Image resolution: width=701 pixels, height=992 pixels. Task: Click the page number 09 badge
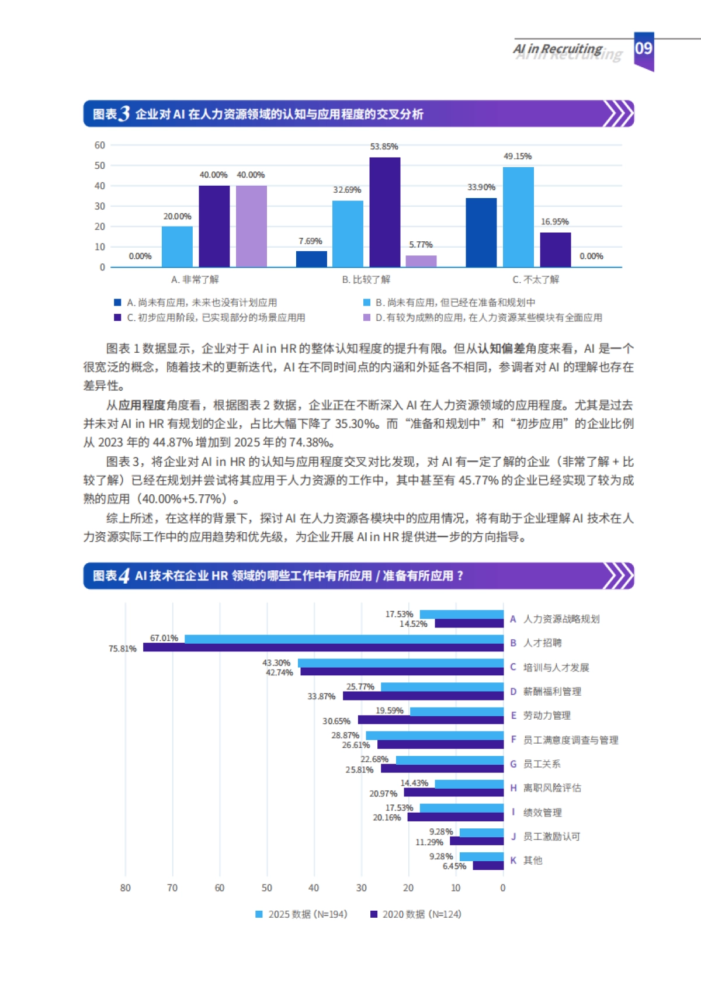tap(644, 49)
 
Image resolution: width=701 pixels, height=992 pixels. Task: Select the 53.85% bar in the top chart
tap(384, 212)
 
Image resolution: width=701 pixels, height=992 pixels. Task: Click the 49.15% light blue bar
tap(518, 217)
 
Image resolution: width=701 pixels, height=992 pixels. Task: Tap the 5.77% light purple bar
tap(421, 261)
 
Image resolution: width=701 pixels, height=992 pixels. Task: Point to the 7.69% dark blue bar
tap(311, 259)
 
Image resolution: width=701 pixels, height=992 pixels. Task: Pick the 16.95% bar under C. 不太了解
tap(555, 249)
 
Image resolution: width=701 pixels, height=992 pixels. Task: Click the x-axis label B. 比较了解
tap(366, 279)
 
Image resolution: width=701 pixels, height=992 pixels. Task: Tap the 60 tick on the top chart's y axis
tap(100, 145)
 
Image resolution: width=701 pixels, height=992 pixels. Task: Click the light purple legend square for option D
tap(367, 317)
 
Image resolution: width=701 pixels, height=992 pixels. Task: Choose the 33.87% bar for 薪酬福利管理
tap(423, 696)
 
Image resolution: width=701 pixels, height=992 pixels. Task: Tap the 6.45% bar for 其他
tap(488, 866)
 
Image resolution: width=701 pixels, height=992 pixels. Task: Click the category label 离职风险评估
tap(552, 788)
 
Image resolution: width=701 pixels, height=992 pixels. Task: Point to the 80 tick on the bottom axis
tap(125, 888)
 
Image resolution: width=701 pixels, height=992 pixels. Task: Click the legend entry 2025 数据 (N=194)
tap(301, 914)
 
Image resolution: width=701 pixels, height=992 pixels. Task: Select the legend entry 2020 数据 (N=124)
tap(416, 914)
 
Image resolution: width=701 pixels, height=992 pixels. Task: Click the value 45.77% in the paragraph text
tap(478, 480)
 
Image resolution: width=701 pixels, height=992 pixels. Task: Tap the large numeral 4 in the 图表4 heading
tap(124, 576)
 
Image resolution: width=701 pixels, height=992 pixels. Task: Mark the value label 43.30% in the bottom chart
tap(276, 663)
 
